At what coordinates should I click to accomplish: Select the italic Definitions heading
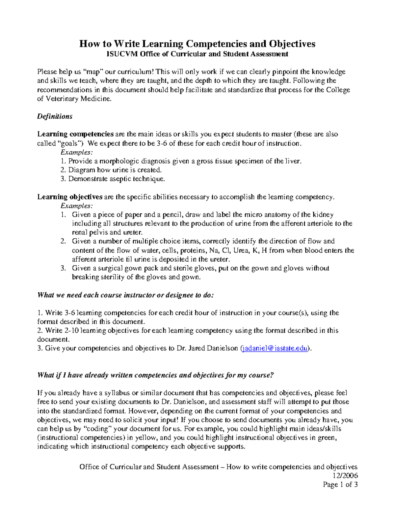coord(55,116)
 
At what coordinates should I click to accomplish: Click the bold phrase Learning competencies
coord(75,134)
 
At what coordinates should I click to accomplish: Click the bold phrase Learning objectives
coord(70,197)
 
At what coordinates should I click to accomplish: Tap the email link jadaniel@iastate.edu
coord(275,348)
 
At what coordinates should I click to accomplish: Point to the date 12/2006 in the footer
coord(345,476)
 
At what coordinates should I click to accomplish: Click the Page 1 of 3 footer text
coord(340,485)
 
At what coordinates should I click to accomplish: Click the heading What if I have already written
coord(155,375)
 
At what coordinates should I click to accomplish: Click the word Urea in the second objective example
coord(241,251)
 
